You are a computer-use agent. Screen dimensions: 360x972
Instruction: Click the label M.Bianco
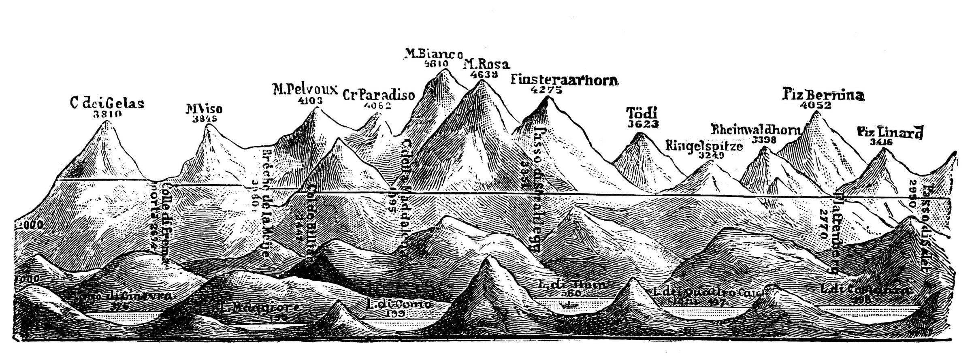click(433, 53)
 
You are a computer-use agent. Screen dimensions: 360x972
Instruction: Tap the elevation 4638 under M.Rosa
click(484, 74)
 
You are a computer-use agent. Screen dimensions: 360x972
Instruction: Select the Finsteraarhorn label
click(565, 80)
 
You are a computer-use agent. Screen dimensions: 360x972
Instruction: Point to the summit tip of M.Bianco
click(445, 70)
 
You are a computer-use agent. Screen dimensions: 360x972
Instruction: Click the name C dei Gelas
click(107, 103)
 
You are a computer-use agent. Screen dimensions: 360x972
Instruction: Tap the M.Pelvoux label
click(305, 89)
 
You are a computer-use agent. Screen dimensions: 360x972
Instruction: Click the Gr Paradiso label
click(379, 96)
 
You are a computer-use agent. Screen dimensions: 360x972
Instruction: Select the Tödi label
click(641, 113)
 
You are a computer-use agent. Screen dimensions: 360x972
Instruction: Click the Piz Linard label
click(890, 132)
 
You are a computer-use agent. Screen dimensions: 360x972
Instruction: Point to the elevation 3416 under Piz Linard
click(881, 142)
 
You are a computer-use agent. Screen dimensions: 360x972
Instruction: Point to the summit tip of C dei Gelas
click(107, 121)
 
